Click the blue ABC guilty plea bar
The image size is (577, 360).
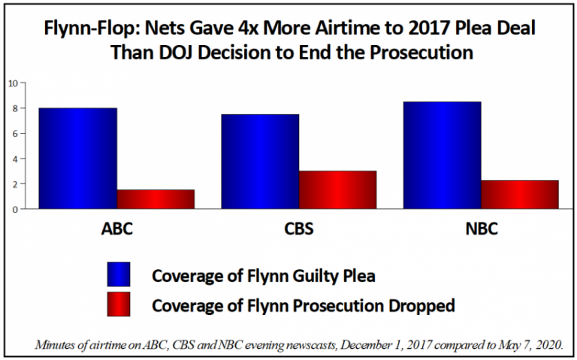tap(78, 159)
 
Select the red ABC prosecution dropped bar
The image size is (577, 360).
tap(156, 199)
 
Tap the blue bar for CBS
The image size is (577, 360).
tap(260, 162)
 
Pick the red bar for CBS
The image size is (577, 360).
tap(337, 189)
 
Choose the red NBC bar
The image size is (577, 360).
tap(519, 195)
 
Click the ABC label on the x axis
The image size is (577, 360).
tap(116, 228)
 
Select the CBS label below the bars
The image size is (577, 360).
tap(298, 228)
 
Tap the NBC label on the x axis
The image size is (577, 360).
tap(481, 228)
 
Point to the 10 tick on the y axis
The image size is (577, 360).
tap(13, 83)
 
